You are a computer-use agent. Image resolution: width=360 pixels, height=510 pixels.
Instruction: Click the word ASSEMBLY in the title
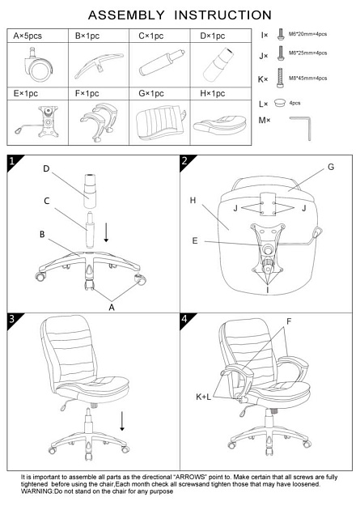click(126, 15)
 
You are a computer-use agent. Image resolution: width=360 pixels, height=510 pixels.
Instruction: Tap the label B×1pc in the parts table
click(87, 36)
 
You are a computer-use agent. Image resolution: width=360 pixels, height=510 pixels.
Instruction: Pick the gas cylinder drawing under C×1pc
click(162, 62)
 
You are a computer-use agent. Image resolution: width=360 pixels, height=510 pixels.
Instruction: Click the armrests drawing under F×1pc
click(99, 122)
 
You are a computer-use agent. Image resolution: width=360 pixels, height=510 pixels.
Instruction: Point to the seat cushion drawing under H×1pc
click(219, 123)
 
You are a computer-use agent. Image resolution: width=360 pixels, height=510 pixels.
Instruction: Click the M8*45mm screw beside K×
click(280, 78)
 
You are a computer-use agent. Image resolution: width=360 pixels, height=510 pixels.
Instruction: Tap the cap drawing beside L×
click(279, 103)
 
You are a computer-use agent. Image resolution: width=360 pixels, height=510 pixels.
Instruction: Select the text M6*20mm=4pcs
click(307, 34)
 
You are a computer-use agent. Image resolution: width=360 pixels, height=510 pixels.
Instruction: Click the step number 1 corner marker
click(12, 160)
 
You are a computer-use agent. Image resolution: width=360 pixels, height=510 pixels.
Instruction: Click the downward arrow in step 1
click(106, 232)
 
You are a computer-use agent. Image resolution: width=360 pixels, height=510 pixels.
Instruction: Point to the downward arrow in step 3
click(122, 421)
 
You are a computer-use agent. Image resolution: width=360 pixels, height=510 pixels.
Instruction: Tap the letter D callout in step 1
click(46, 169)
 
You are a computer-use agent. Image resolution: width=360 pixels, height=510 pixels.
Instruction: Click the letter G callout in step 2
click(331, 167)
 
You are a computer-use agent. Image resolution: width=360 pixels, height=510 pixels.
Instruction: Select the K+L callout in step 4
click(203, 397)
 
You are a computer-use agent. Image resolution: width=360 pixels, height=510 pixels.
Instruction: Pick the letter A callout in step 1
click(112, 308)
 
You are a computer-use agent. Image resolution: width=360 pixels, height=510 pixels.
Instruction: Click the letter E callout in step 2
click(195, 240)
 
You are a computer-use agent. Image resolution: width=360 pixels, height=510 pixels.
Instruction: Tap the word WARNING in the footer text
click(36, 491)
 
